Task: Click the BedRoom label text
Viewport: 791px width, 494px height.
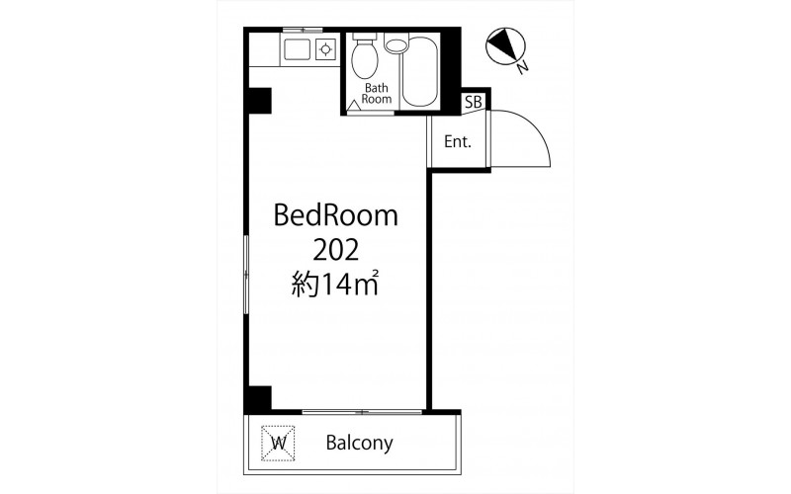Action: point(335,215)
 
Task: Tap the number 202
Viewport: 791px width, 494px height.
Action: point(335,250)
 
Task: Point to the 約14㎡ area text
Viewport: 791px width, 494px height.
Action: point(335,285)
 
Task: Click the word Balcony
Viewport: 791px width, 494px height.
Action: point(359,443)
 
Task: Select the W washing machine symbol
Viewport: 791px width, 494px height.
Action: point(278,443)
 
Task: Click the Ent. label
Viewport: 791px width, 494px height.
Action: point(458,142)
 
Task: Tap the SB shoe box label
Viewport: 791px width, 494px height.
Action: point(474,103)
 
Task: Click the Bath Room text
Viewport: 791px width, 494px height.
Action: point(377,94)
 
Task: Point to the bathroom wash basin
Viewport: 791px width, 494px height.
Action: point(395,43)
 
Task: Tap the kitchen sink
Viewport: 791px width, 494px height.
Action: point(298,49)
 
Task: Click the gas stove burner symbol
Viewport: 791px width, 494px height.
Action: point(326,49)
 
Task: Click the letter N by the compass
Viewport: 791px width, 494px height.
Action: point(523,66)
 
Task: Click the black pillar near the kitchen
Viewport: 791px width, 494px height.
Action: point(259,101)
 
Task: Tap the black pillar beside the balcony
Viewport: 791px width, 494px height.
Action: point(259,398)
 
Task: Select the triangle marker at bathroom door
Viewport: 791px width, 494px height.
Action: point(355,105)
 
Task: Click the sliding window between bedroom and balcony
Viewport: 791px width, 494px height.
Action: point(362,412)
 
